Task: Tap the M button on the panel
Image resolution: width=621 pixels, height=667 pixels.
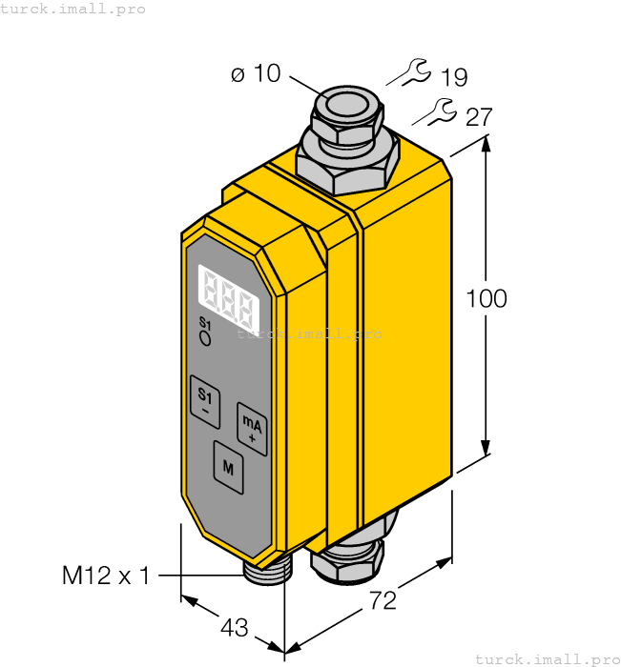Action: click(x=228, y=466)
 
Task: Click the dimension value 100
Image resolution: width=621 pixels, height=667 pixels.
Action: click(x=486, y=298)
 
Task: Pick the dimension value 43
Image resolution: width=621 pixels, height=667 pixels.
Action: click(x=235, y=628)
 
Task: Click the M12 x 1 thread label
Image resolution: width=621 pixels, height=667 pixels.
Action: click(x=106, y=576)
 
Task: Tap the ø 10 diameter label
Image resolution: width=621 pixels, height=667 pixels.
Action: click(x=257, y=73)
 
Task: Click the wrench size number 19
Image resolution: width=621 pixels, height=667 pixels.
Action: click(x=454, y=78)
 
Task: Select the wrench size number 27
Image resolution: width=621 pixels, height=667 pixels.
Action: click(x=479, y=117)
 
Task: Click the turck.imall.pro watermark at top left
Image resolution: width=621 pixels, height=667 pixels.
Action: click(x=73, y=9)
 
